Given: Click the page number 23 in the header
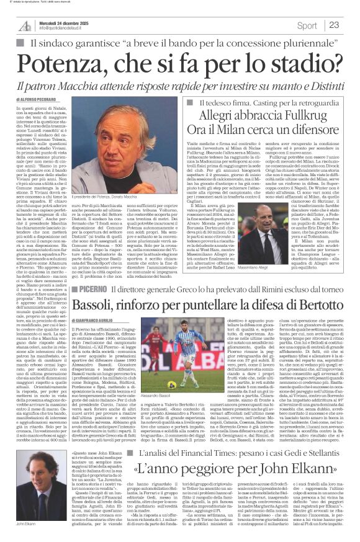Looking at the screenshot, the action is click(x=334, y=25).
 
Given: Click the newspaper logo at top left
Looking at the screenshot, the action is click(x=25, y=25).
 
